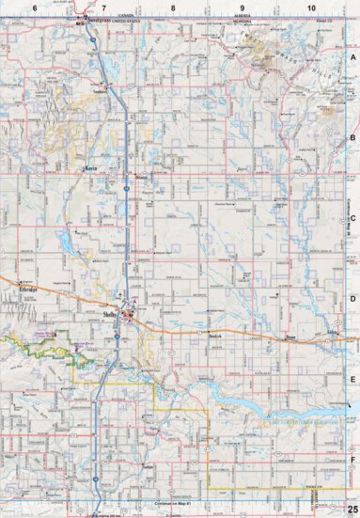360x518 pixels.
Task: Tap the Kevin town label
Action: tap(91, 169)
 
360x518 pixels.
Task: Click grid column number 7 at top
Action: tap(104, 8)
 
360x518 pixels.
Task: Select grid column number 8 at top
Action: tap(174, 8)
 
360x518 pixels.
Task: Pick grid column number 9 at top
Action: tap(243, 8)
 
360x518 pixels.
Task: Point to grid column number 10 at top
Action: tap(311, 8)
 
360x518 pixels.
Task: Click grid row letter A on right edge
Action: tap(353, 56)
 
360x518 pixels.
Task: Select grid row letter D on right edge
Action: tap(353, 301)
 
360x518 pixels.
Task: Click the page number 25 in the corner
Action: tap(351, 509)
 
